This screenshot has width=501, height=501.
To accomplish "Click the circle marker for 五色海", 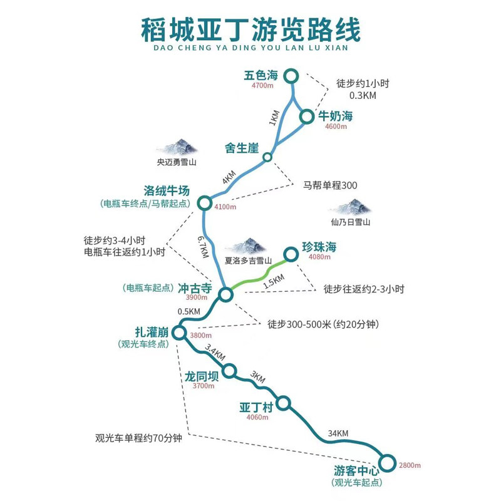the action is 291,70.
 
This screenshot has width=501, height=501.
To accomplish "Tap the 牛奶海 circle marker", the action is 306,110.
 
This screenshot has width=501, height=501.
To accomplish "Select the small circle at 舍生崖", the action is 267,153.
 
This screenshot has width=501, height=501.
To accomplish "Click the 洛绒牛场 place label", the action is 167,191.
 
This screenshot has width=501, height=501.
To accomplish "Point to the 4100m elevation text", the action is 225,207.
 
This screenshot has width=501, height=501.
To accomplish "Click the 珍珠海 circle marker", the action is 291,247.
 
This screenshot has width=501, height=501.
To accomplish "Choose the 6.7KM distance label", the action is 203,247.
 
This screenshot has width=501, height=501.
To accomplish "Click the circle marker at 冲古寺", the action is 225,287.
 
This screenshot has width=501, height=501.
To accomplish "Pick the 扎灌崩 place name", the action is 152,332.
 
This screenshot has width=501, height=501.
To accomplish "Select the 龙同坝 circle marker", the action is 229,364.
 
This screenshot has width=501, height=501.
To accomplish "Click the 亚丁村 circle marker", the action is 283,396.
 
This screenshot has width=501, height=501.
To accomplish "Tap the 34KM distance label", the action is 338,433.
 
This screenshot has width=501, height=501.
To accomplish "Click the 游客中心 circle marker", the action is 387,455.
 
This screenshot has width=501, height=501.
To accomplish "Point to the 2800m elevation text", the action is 410,465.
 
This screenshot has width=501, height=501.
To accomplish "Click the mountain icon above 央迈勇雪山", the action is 177,147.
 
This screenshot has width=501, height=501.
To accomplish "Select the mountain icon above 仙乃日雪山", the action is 351,207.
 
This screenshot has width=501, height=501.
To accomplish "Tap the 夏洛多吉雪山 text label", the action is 248,261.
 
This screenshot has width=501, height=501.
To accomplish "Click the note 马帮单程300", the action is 330,185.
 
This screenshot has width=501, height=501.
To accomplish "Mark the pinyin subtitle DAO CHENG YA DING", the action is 205,48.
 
